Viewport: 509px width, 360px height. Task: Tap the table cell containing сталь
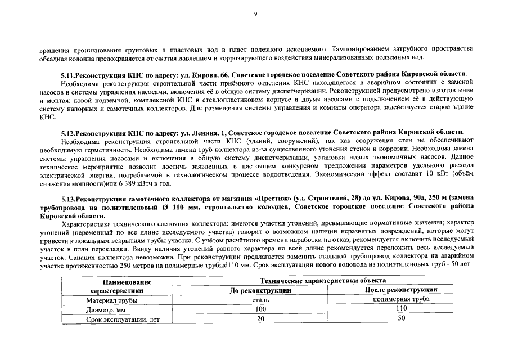260,300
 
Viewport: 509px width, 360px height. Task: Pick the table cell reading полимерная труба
401,300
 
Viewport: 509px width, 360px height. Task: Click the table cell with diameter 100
260,309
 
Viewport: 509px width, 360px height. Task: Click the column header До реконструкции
260,290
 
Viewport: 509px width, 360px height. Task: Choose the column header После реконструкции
401,290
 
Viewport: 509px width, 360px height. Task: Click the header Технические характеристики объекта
331,280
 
